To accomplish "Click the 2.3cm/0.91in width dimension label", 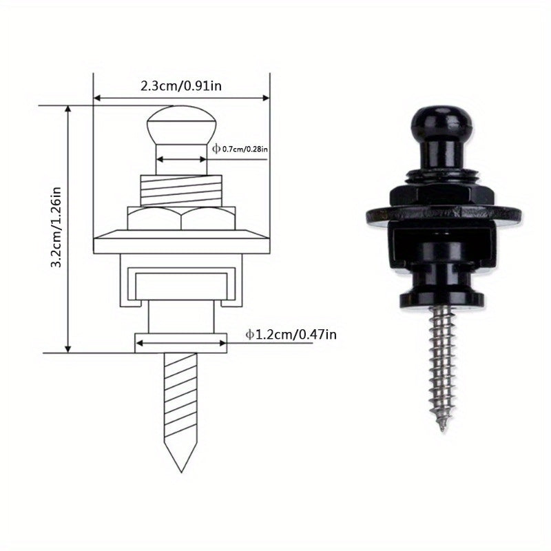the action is (x=181, y=85).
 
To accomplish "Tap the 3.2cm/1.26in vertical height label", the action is (x=56, y=227).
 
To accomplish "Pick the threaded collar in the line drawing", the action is (x=181, y=191).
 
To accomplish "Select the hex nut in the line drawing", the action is (x=181, y=218).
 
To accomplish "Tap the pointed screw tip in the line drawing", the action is (x=181, y=472).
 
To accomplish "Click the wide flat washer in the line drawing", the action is (x=181, y=242).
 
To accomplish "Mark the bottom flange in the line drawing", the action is (x=181, y=343).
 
